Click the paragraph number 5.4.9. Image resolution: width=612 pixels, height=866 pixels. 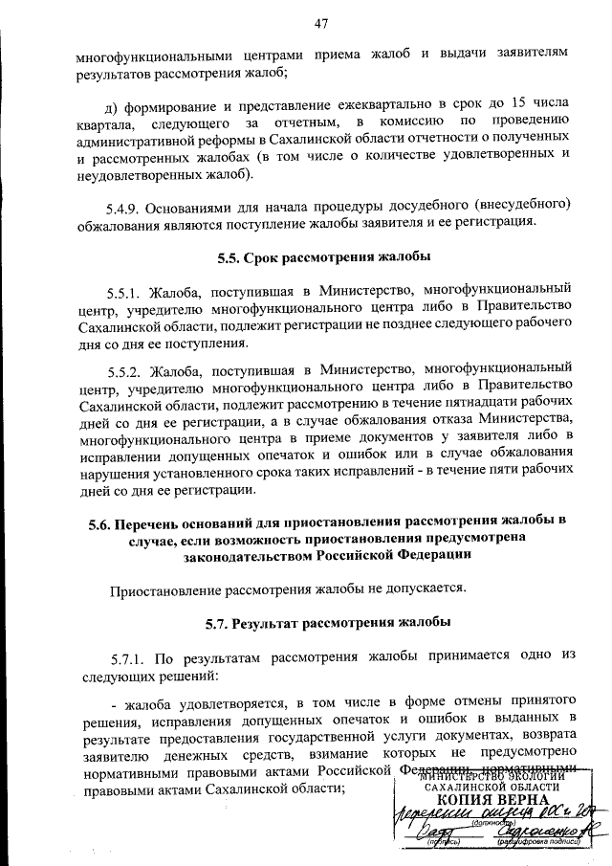[129, 205]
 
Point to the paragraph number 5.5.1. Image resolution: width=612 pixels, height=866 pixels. [129, 287]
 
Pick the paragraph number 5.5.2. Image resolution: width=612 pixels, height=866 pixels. [129, 368]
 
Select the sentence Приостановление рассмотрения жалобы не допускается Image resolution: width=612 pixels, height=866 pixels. [288, 588]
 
